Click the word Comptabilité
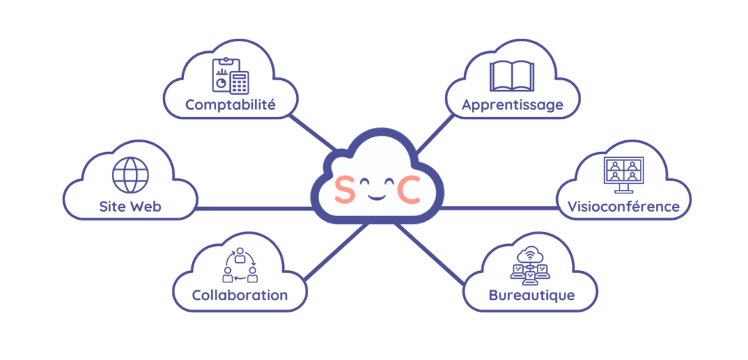click(230, 105)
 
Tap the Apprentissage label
click(512, 105)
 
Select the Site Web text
click(130, 207)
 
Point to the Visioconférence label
click(623, 207)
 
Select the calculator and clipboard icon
click(230, 74)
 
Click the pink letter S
click(343, 191)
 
